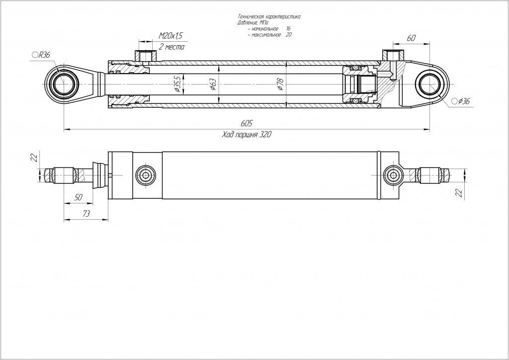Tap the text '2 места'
171,47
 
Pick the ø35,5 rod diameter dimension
177,85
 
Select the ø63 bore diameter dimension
213,85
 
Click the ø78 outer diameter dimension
281,84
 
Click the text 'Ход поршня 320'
247,135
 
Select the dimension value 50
78,197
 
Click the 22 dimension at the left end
34,157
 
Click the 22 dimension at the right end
458,192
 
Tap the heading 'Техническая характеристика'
269,17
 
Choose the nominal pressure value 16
288,29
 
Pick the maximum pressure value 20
289,35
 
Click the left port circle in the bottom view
145,175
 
